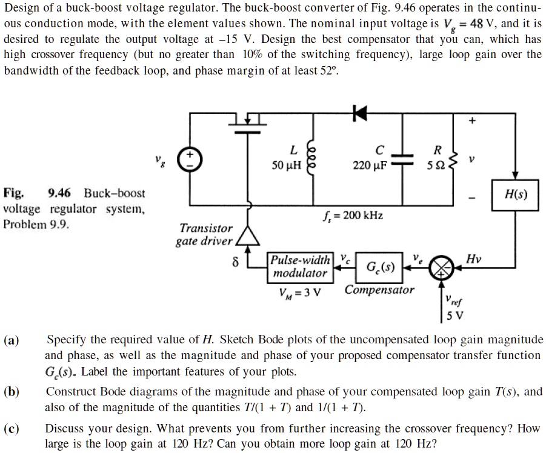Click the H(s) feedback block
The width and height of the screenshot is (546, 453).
pos(515,194)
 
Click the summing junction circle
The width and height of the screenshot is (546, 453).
pos(441,267)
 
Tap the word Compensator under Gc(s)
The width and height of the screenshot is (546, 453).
pos(379,289)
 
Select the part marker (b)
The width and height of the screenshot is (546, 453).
pos(12,391)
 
